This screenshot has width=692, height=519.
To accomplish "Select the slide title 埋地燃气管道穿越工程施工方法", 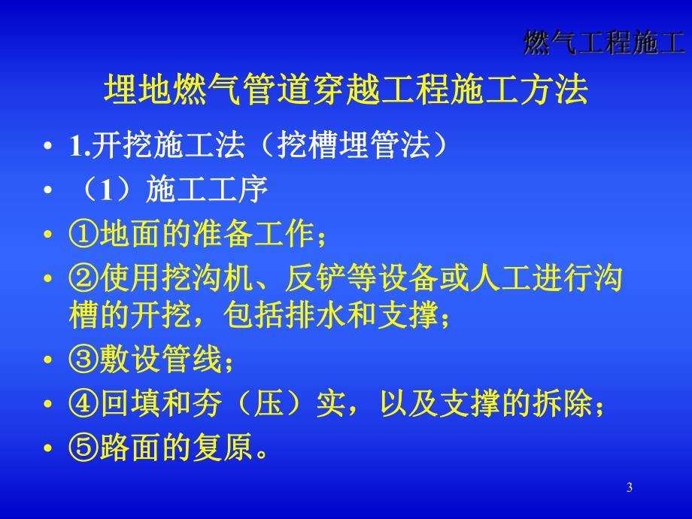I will click(345, 90).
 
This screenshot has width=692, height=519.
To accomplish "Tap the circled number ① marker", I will click(83, 236).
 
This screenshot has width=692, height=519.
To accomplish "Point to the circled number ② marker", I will click(83, 279).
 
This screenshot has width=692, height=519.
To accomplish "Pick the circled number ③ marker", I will click(83, 361).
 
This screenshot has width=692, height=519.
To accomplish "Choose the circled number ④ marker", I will click(83, 405).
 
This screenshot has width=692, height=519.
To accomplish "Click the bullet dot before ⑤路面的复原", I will click(50, 449).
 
